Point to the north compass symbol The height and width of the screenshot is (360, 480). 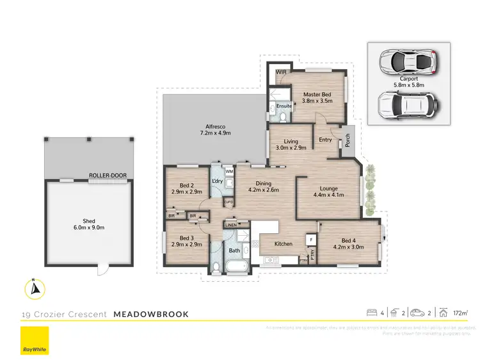(35, 289)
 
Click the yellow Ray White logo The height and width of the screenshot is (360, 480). (35, 341)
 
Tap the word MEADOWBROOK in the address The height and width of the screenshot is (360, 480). (150, 315)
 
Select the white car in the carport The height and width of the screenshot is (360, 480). (406, 61)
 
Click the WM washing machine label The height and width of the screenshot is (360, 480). (228, 172)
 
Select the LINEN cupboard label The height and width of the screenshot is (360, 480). (231, 225)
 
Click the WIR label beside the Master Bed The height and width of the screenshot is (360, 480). (281, 72)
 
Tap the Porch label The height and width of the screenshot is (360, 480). (348, 139)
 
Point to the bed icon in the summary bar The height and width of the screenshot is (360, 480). (371, 313)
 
